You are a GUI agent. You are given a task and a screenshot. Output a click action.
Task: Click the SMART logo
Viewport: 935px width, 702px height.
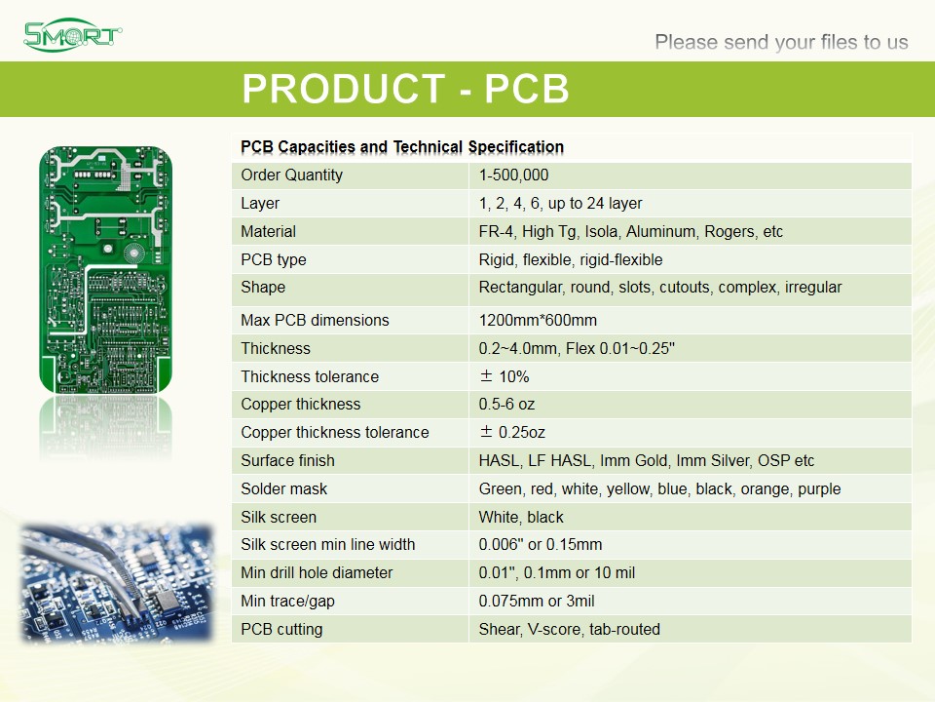(73, 35)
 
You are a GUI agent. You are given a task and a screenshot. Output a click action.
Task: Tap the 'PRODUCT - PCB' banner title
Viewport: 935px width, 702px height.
(405, 89)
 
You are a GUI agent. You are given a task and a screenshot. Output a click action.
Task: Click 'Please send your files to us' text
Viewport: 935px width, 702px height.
(781, 42)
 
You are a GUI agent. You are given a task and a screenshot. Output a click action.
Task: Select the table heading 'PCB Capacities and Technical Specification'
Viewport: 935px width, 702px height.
(402, 147)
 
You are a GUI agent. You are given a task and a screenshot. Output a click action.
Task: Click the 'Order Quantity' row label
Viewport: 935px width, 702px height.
(291, 175)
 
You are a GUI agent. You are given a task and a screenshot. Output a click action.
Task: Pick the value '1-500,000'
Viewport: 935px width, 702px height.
(513, 175)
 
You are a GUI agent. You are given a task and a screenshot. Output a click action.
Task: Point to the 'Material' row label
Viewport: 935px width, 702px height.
(269, 232)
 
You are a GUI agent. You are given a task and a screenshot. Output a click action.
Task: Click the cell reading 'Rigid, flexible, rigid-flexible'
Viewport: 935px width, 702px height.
(571, 259)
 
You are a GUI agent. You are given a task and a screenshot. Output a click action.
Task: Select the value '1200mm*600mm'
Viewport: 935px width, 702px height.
(538, 320)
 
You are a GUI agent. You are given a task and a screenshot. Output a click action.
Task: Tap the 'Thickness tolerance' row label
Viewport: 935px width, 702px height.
(310, 376)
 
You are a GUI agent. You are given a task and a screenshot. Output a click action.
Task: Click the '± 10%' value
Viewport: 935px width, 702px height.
(504, 376)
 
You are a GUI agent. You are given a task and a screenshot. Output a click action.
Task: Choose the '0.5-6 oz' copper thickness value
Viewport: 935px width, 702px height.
(506, 404)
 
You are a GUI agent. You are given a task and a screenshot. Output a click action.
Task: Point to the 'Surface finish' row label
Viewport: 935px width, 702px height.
(287, 461)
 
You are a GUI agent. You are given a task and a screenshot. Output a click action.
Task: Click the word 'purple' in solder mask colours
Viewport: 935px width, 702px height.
(819, 489)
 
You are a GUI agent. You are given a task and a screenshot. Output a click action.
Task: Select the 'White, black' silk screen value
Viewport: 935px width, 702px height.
(520, 517)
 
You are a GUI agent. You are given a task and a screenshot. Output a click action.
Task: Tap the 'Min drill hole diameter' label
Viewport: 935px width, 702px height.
(317, 573)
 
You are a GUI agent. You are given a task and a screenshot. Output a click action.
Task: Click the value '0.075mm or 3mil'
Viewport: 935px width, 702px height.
(536, 602)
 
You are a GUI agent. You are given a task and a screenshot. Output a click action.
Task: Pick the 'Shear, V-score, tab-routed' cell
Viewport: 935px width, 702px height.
(569, 629)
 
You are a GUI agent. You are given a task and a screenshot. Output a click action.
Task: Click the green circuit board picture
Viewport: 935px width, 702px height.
(105, 269)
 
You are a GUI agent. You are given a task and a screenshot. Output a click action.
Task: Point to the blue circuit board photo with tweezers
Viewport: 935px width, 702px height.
(117, 583)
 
